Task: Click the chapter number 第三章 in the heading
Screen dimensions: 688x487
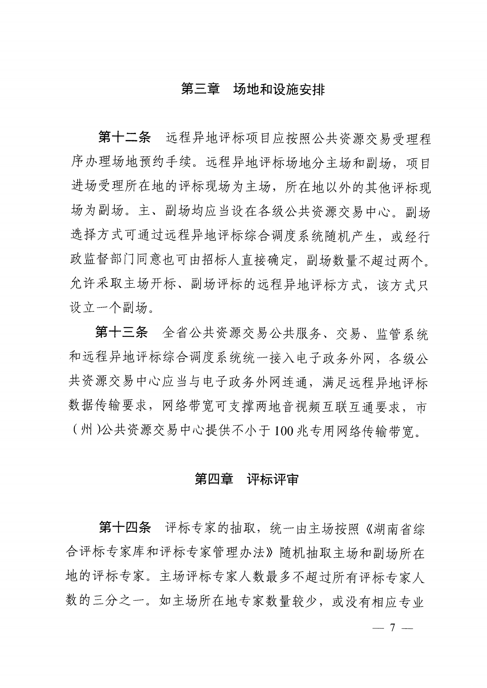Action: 200,89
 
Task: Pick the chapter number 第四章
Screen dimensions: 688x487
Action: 214,479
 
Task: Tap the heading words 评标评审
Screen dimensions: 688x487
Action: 273,479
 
